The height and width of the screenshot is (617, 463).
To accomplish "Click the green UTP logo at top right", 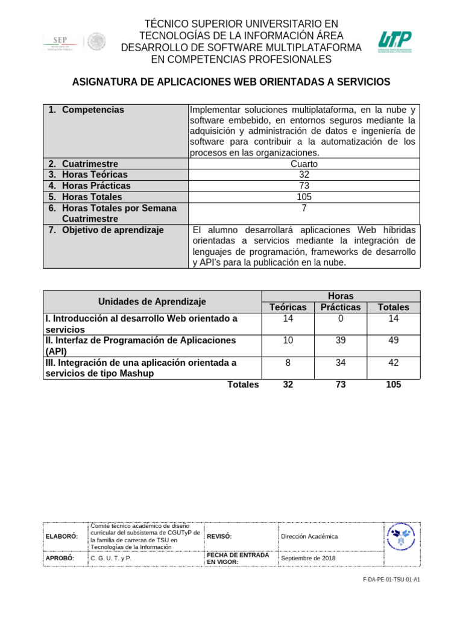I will click(395, 42).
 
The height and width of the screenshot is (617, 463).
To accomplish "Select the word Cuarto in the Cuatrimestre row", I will click(304, 164).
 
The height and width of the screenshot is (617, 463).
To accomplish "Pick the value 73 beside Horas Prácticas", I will click(304, 186).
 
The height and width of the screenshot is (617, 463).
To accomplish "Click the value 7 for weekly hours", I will click(304, 208).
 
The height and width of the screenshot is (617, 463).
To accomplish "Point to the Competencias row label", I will click(93, 110).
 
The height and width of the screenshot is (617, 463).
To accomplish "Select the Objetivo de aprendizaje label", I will click(113, 230).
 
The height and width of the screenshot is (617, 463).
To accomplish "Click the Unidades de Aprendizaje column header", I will click(152, 301).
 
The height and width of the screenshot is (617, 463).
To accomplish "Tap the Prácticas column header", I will click(341, 307).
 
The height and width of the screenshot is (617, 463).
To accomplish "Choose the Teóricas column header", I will click(288, 307).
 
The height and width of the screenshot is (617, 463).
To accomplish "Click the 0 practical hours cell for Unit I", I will click(341, 319).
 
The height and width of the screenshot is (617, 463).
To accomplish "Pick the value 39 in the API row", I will click(341, 340).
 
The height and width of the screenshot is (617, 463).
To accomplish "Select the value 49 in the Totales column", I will click(393, 340).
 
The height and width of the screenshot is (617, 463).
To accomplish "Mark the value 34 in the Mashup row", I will click(341, 363).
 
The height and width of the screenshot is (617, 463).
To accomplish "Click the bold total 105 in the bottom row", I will click(393, 385).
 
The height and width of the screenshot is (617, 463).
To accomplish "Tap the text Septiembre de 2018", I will click(308, 558).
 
